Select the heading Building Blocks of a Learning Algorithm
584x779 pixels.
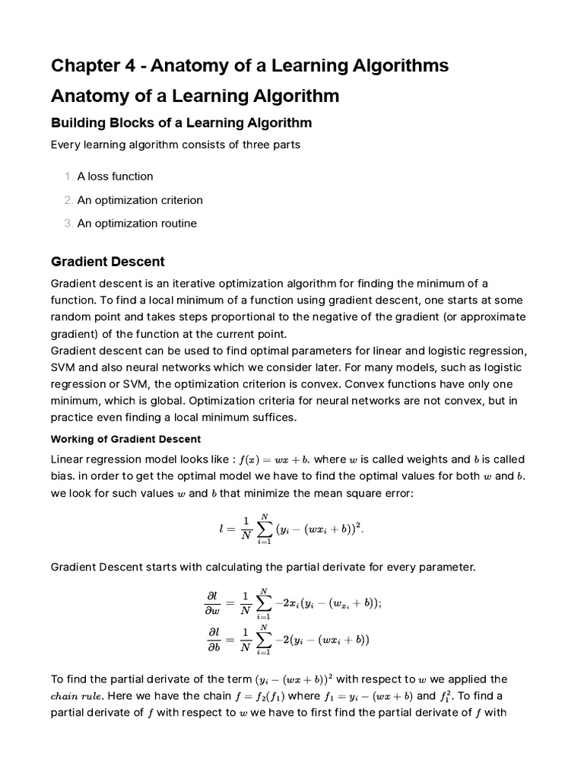click(181, 122)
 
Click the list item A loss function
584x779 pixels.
click(115, 176)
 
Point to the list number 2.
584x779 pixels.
click(68, 200)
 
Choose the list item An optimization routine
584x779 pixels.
click(137, 224)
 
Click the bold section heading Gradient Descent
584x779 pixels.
click(107, 262)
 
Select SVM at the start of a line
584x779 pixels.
click(63, 367)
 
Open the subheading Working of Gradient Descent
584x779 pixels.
click(125, 439)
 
